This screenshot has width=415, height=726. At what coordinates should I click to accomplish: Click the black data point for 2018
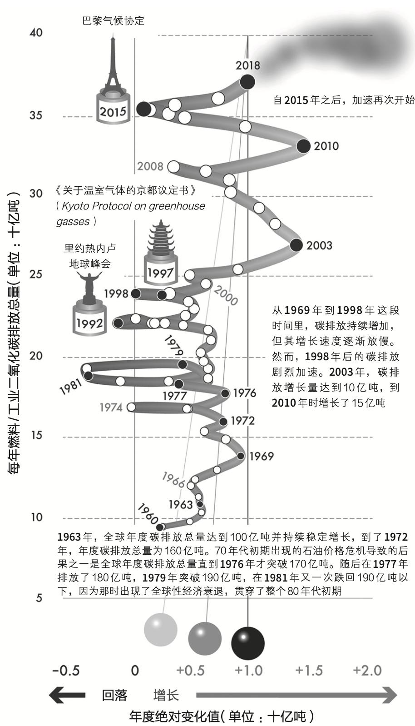tap(247, 82)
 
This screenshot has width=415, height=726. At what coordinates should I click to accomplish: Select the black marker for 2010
tap(304, 146)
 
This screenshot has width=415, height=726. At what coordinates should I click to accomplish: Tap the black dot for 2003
tap(296, 245)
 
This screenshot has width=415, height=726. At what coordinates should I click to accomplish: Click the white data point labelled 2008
tap(173, 167)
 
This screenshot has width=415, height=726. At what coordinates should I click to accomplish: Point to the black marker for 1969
tap(240, 456)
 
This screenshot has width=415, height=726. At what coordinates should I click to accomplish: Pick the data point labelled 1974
tap(131, 407)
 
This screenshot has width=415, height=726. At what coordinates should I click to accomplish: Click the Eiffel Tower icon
tap(113, 63)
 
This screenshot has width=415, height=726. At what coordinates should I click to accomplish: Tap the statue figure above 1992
tap(89, 287)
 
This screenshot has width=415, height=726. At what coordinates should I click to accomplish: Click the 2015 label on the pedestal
tap(113, 112)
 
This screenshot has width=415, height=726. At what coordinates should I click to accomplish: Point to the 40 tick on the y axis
tap(36, 32)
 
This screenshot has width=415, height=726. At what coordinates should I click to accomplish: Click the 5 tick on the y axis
tap(39, 597)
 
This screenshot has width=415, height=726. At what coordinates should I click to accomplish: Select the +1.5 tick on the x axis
tap(309, 670)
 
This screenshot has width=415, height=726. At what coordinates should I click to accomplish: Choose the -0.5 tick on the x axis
tap(66, 670)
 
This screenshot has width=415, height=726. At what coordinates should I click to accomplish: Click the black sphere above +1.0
tap(248, 643)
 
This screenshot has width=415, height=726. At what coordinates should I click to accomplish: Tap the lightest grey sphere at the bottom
tap(161, 630)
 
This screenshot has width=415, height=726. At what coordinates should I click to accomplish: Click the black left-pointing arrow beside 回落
tap(67, 695)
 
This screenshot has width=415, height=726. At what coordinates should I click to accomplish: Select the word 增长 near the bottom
tap(166, 696)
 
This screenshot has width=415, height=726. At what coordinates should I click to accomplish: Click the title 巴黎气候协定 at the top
tap(114, 21)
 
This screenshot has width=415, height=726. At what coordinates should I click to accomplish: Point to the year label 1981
tap(71, 387)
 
